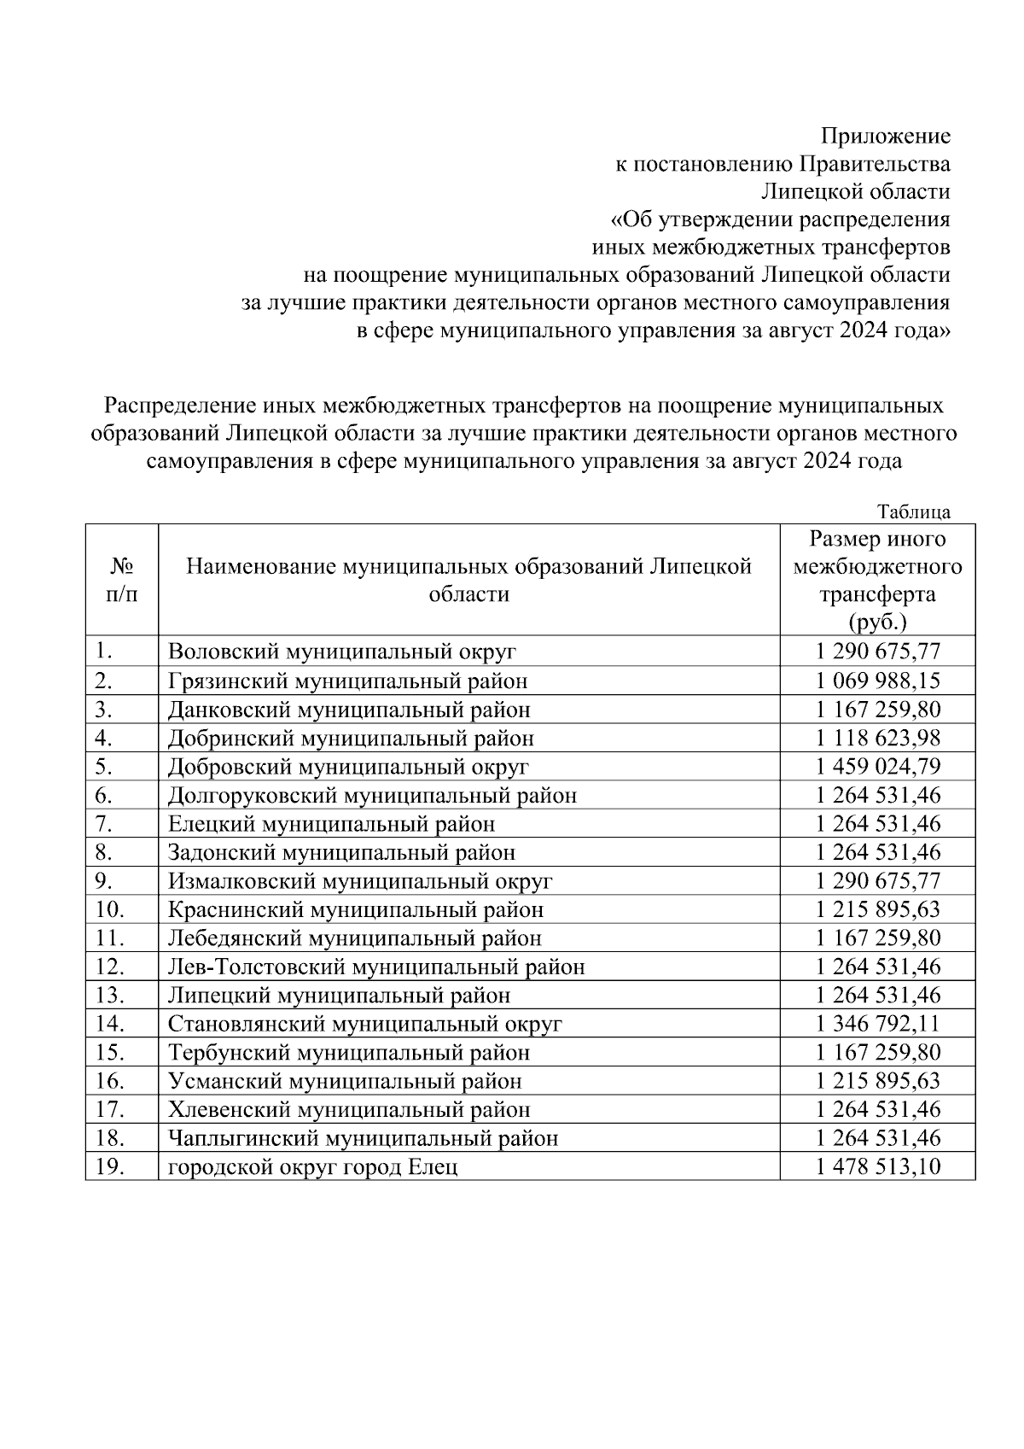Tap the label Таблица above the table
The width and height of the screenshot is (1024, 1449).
click(x=914, y=512)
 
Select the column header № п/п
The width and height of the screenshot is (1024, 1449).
click(x=121, y=580)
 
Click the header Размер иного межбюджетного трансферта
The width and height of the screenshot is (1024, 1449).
click(x=877, y=580)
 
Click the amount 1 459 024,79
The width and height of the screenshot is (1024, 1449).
click(x=877, y=767)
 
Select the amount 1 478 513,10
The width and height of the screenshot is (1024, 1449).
click(x=877, y=1166)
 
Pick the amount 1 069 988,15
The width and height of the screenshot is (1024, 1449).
click(x=877, y=681)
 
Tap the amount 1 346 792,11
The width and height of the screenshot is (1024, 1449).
click(x=877, y=1024)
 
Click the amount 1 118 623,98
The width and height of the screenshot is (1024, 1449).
click(x=877, y=738)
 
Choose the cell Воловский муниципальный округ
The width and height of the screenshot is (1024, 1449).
click(x=342, y=652)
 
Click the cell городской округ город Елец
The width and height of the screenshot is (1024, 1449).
click(x=312, y=1167)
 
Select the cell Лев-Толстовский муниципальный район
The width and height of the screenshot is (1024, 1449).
click(x=376, y=967)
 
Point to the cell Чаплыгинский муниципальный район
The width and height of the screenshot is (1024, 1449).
click(x=363, y=1138)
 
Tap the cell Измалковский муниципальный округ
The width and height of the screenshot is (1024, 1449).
click(x=360, y=881)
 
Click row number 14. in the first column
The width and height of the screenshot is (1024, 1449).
click(x=110, y=1024)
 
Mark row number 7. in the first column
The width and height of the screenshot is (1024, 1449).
click(x=104, y=824)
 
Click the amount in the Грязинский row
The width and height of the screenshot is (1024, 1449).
click(x=877, y=681)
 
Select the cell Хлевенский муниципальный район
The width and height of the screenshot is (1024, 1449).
click(x=349, y=1110)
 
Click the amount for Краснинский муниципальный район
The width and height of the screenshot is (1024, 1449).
click(x=877, y=909)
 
